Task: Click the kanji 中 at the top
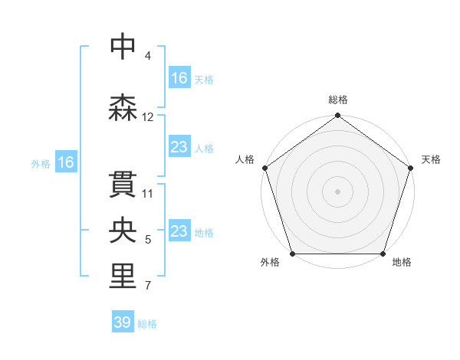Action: tap(123, 46)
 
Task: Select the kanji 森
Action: tap(123, 108)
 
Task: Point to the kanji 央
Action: tap(123, 230)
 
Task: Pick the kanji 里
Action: tap(123, 277)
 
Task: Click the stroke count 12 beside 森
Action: tap(148, 117)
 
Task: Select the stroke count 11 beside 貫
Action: tap(148, 193)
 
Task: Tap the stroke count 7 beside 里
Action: tap(148, 286)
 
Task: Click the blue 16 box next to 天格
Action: tap(179, 78)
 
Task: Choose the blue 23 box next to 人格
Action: tap(179, 147)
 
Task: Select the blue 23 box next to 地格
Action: tap(179, 232)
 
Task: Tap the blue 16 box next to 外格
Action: tap(65, 162)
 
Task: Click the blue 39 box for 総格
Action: tap(123, 322)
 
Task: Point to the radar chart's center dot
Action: tap(337, 191)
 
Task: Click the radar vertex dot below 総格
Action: tap(337, 116)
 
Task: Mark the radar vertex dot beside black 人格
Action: tap(265, 168)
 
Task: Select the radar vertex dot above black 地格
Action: tap(383, 254)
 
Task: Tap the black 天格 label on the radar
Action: tap(432, 159)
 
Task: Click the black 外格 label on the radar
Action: tap(270, 263)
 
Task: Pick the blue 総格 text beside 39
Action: tap(147, 324)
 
